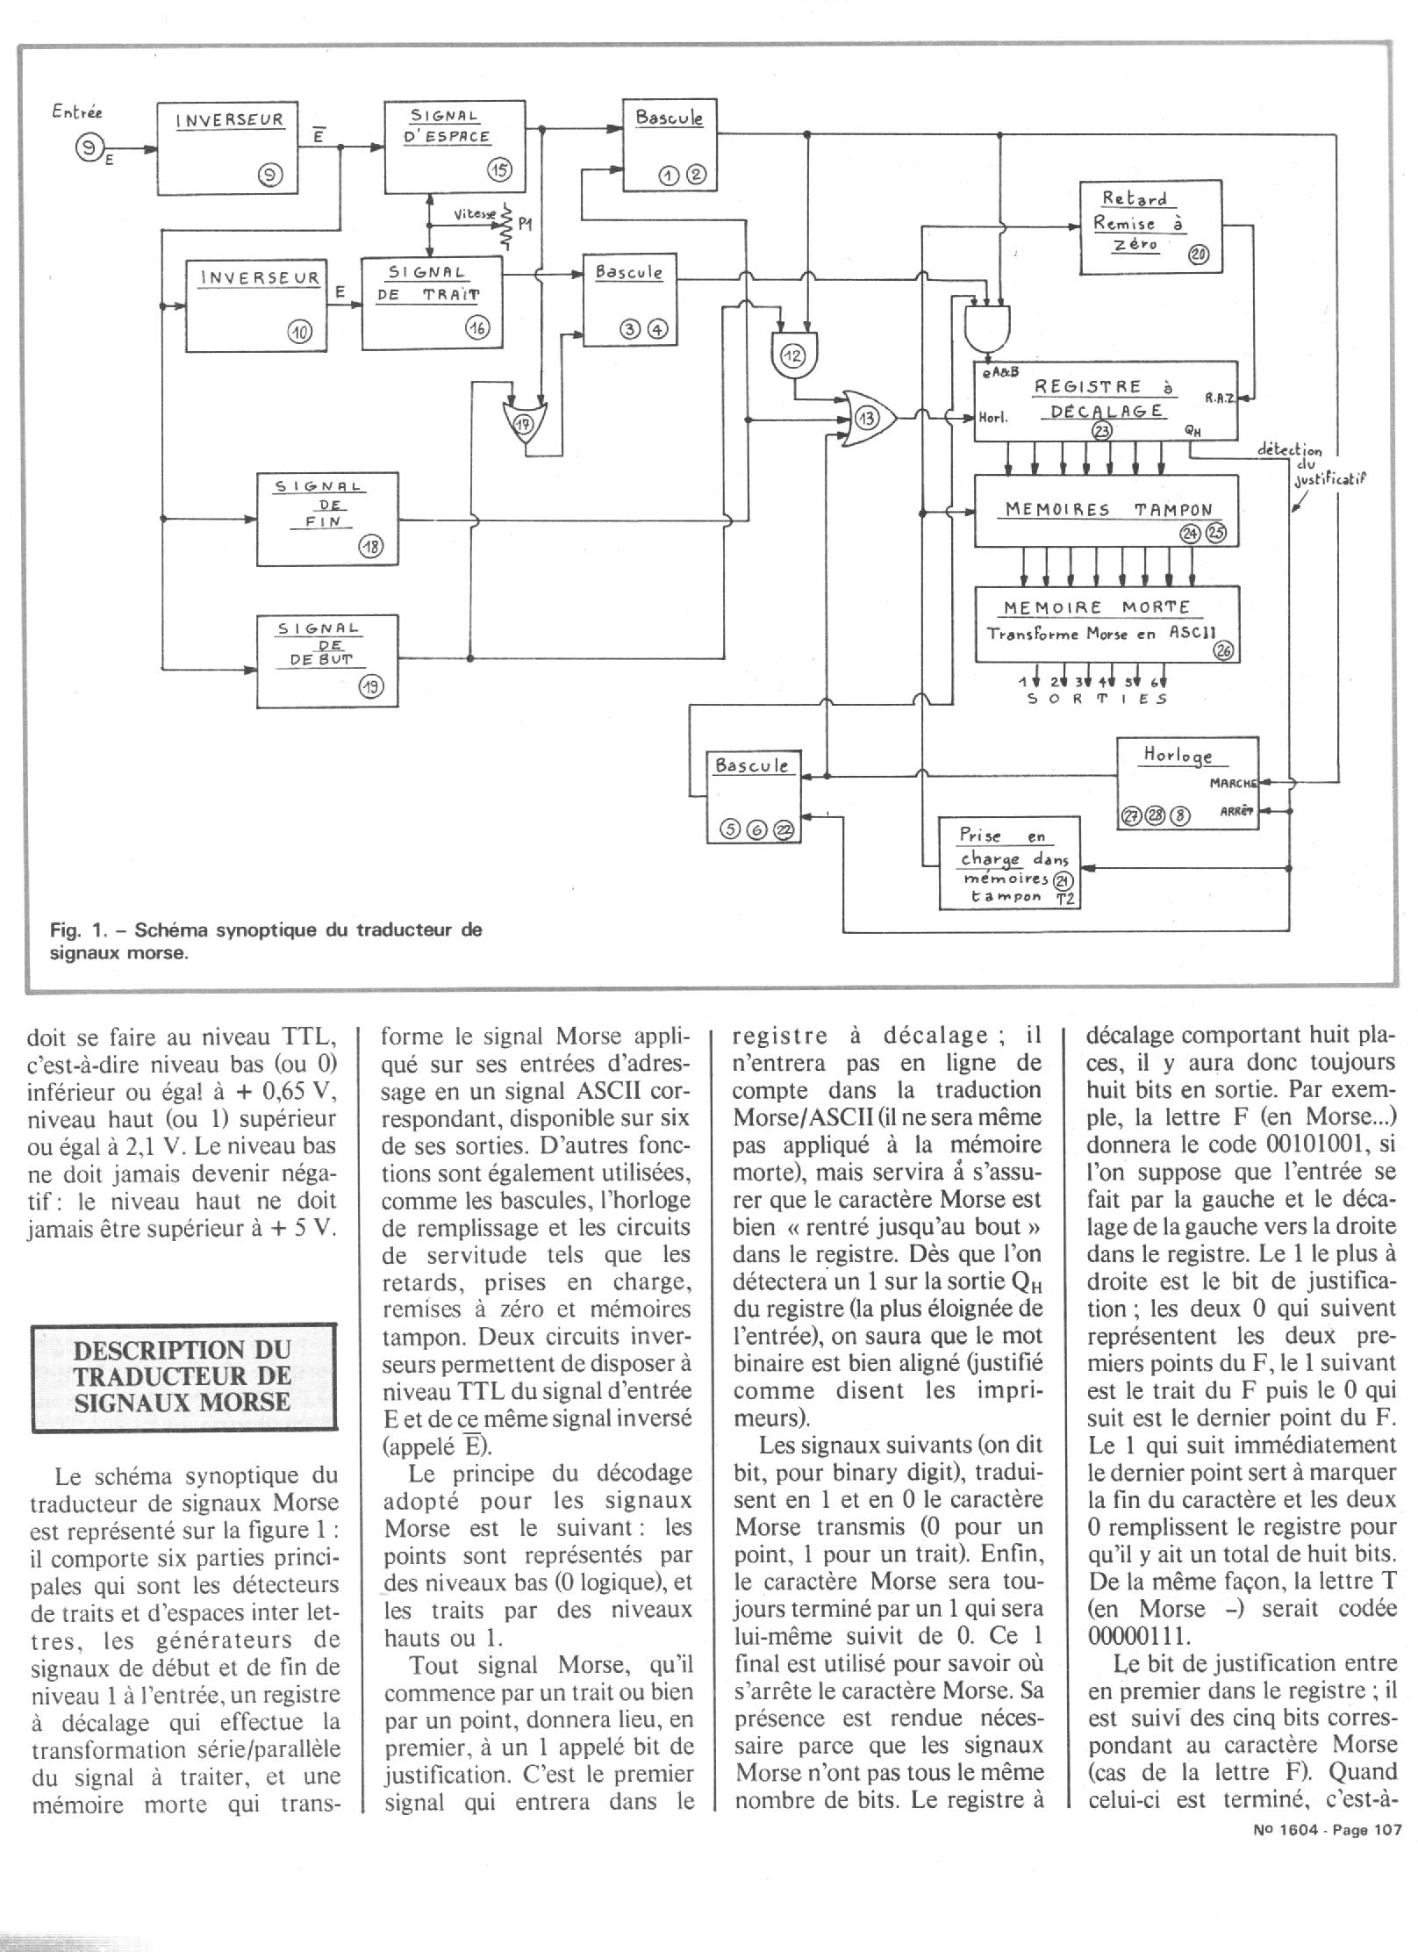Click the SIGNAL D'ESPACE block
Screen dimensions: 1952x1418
tap(455, 146)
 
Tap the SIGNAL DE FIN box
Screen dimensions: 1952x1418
tap(326, 519)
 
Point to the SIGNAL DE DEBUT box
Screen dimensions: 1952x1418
tap(326, 660)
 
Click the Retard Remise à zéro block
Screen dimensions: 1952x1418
tap(1149, 226)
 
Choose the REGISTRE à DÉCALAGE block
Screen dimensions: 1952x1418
tap(1106, 401)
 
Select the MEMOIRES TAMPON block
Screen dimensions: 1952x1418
tap(1106, 512)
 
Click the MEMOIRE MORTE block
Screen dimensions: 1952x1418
tap(1108, 623)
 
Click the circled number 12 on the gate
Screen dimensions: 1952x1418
tap(793, 355)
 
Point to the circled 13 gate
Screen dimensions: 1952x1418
tap(867, 419)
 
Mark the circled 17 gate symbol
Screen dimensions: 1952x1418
tap(525, 425)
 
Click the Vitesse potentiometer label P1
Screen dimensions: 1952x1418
tap(525, 224)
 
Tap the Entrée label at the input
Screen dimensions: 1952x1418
tap(76, 112)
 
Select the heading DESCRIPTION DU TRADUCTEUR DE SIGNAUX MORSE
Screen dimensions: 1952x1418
tap(183, 1376)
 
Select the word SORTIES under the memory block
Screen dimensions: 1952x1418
tap(1097, 699)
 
